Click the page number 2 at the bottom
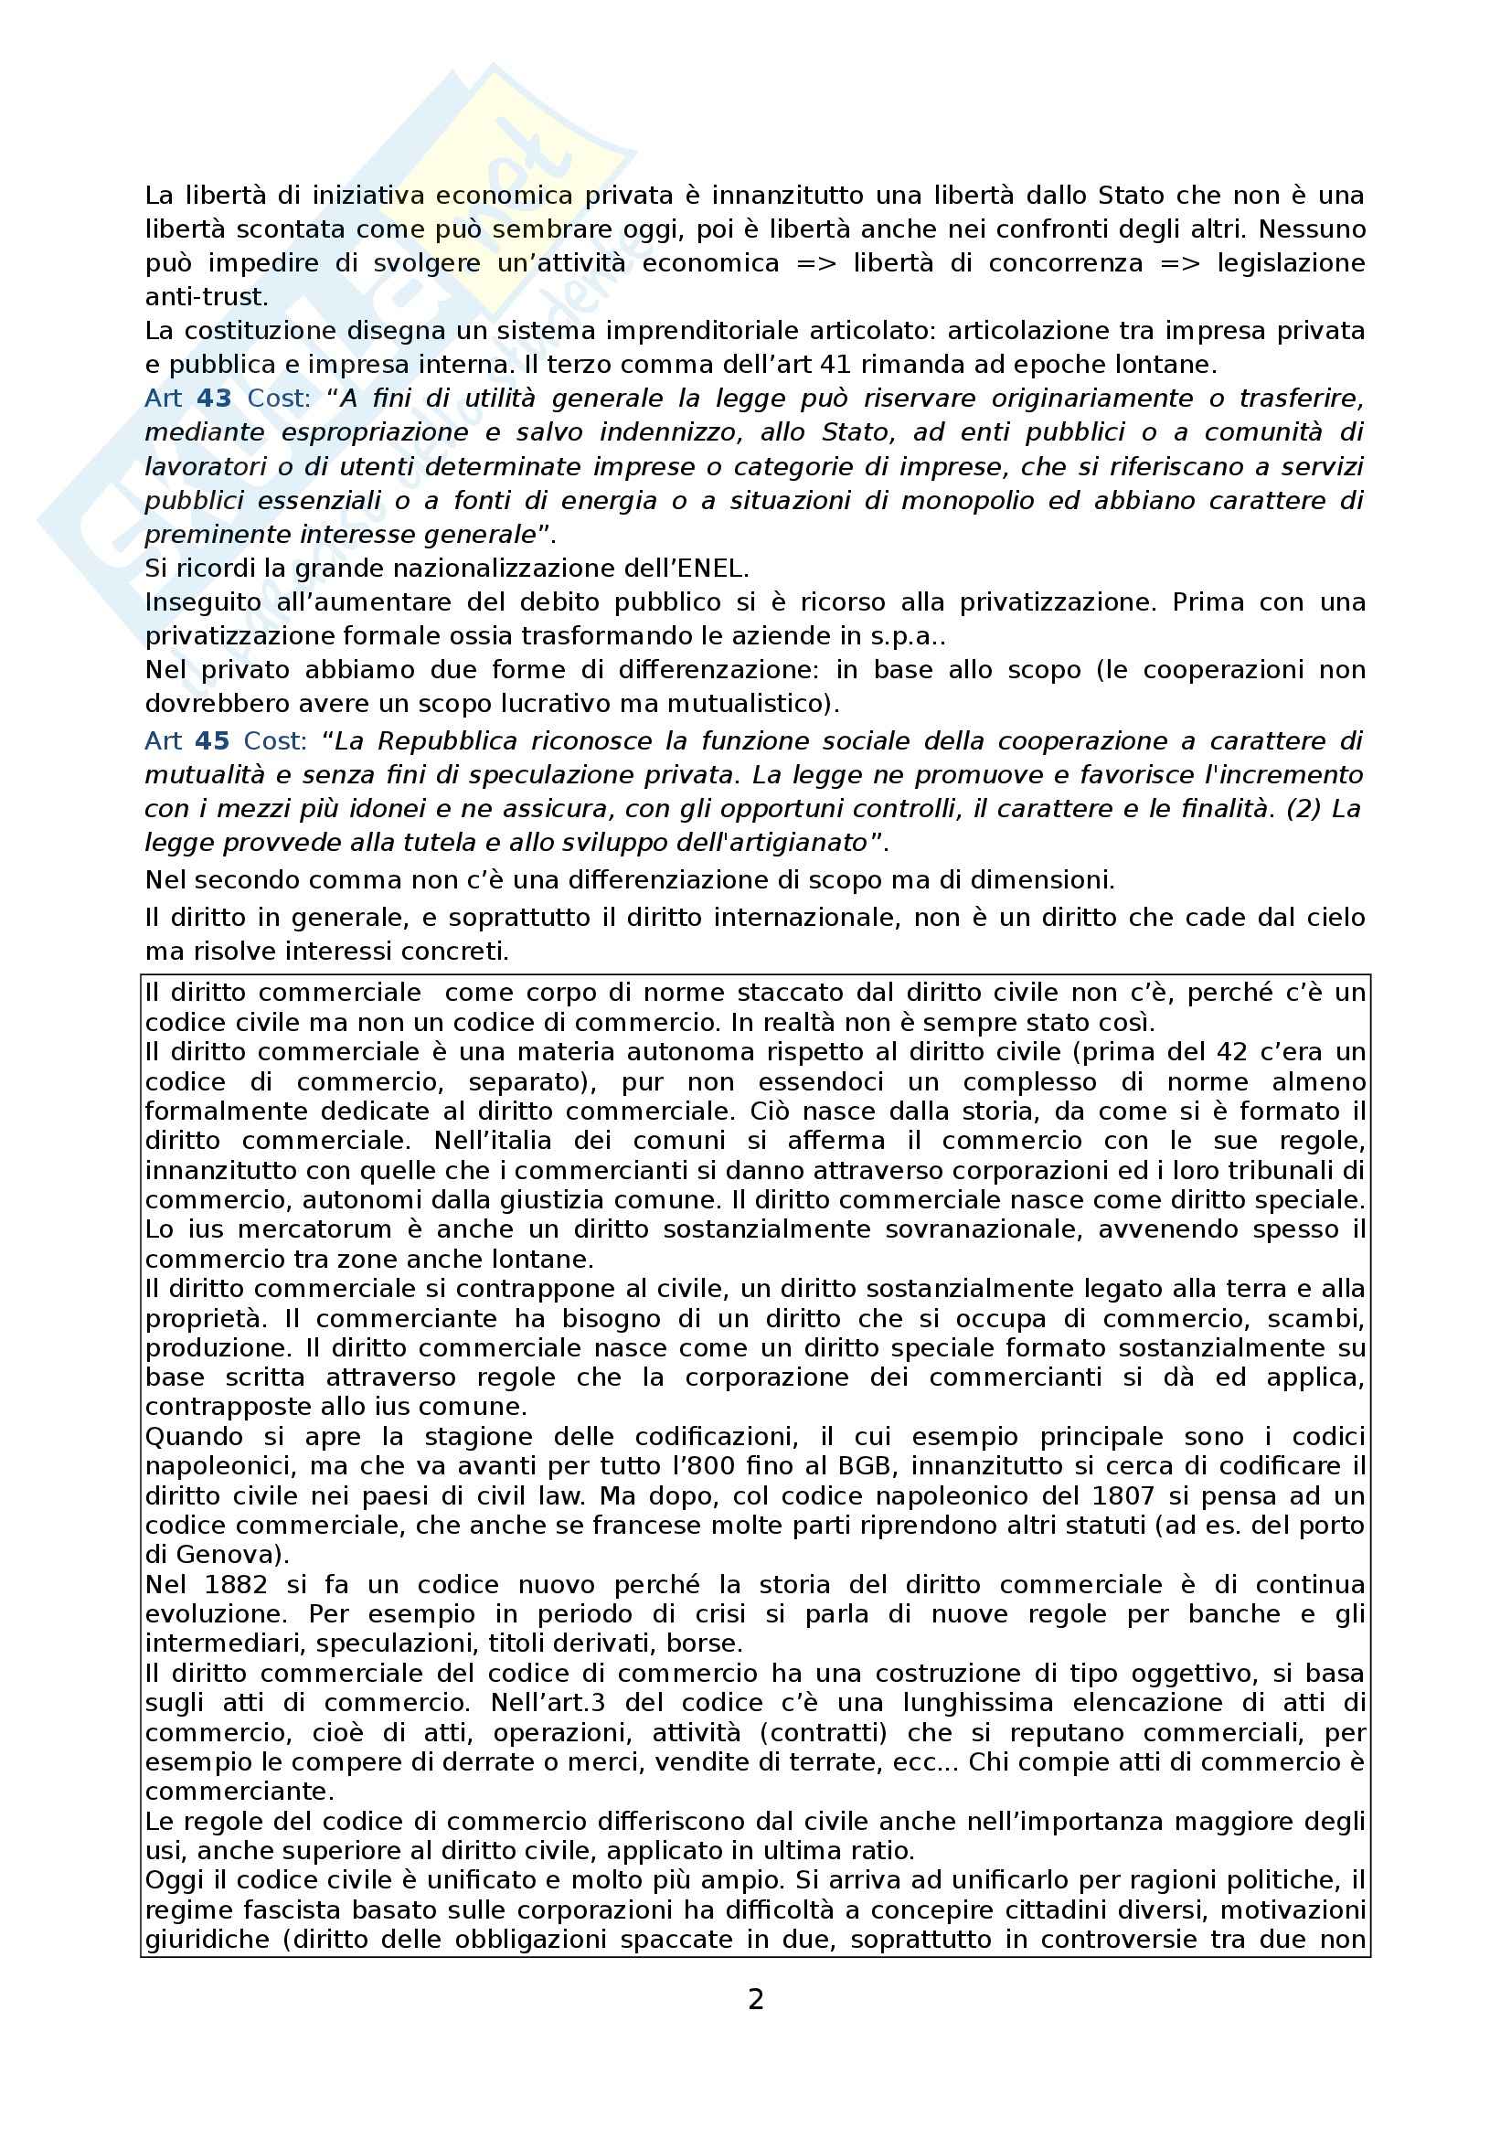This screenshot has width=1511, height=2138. click(755, 1999)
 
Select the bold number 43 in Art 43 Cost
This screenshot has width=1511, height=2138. click(214, 399)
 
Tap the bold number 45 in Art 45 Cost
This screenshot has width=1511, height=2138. click(212, 741)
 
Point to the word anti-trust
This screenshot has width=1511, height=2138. click(206, 297)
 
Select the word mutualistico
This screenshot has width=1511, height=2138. click(742, 704)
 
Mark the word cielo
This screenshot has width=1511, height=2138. click(1331, 917)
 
